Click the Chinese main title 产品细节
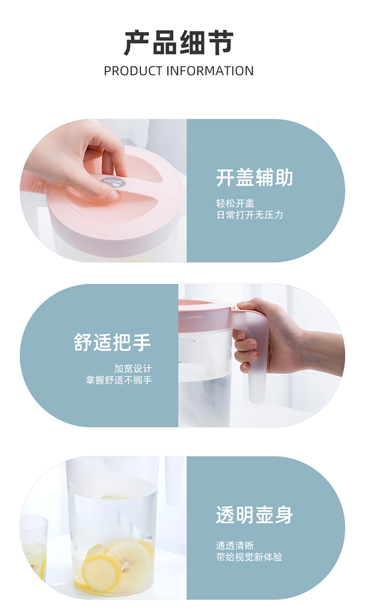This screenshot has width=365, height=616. tap(179, 43)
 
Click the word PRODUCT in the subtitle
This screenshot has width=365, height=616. tap(133, 71)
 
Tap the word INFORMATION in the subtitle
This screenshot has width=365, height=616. tap(210, 71)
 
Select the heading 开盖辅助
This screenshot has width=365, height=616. tap(254, 178)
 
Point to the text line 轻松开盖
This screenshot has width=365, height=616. tap(235, 203)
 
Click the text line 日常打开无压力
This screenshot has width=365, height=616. tap(249, 215)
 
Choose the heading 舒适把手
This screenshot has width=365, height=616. tap(112, 343)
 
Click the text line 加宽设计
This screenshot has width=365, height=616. tap(133, 369)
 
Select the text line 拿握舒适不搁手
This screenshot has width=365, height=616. tap(119, 380)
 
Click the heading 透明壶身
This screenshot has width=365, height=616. tap(254, 515)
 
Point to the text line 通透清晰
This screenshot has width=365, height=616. tap(235, 546)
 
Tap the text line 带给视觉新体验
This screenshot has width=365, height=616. tap(249, 557)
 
